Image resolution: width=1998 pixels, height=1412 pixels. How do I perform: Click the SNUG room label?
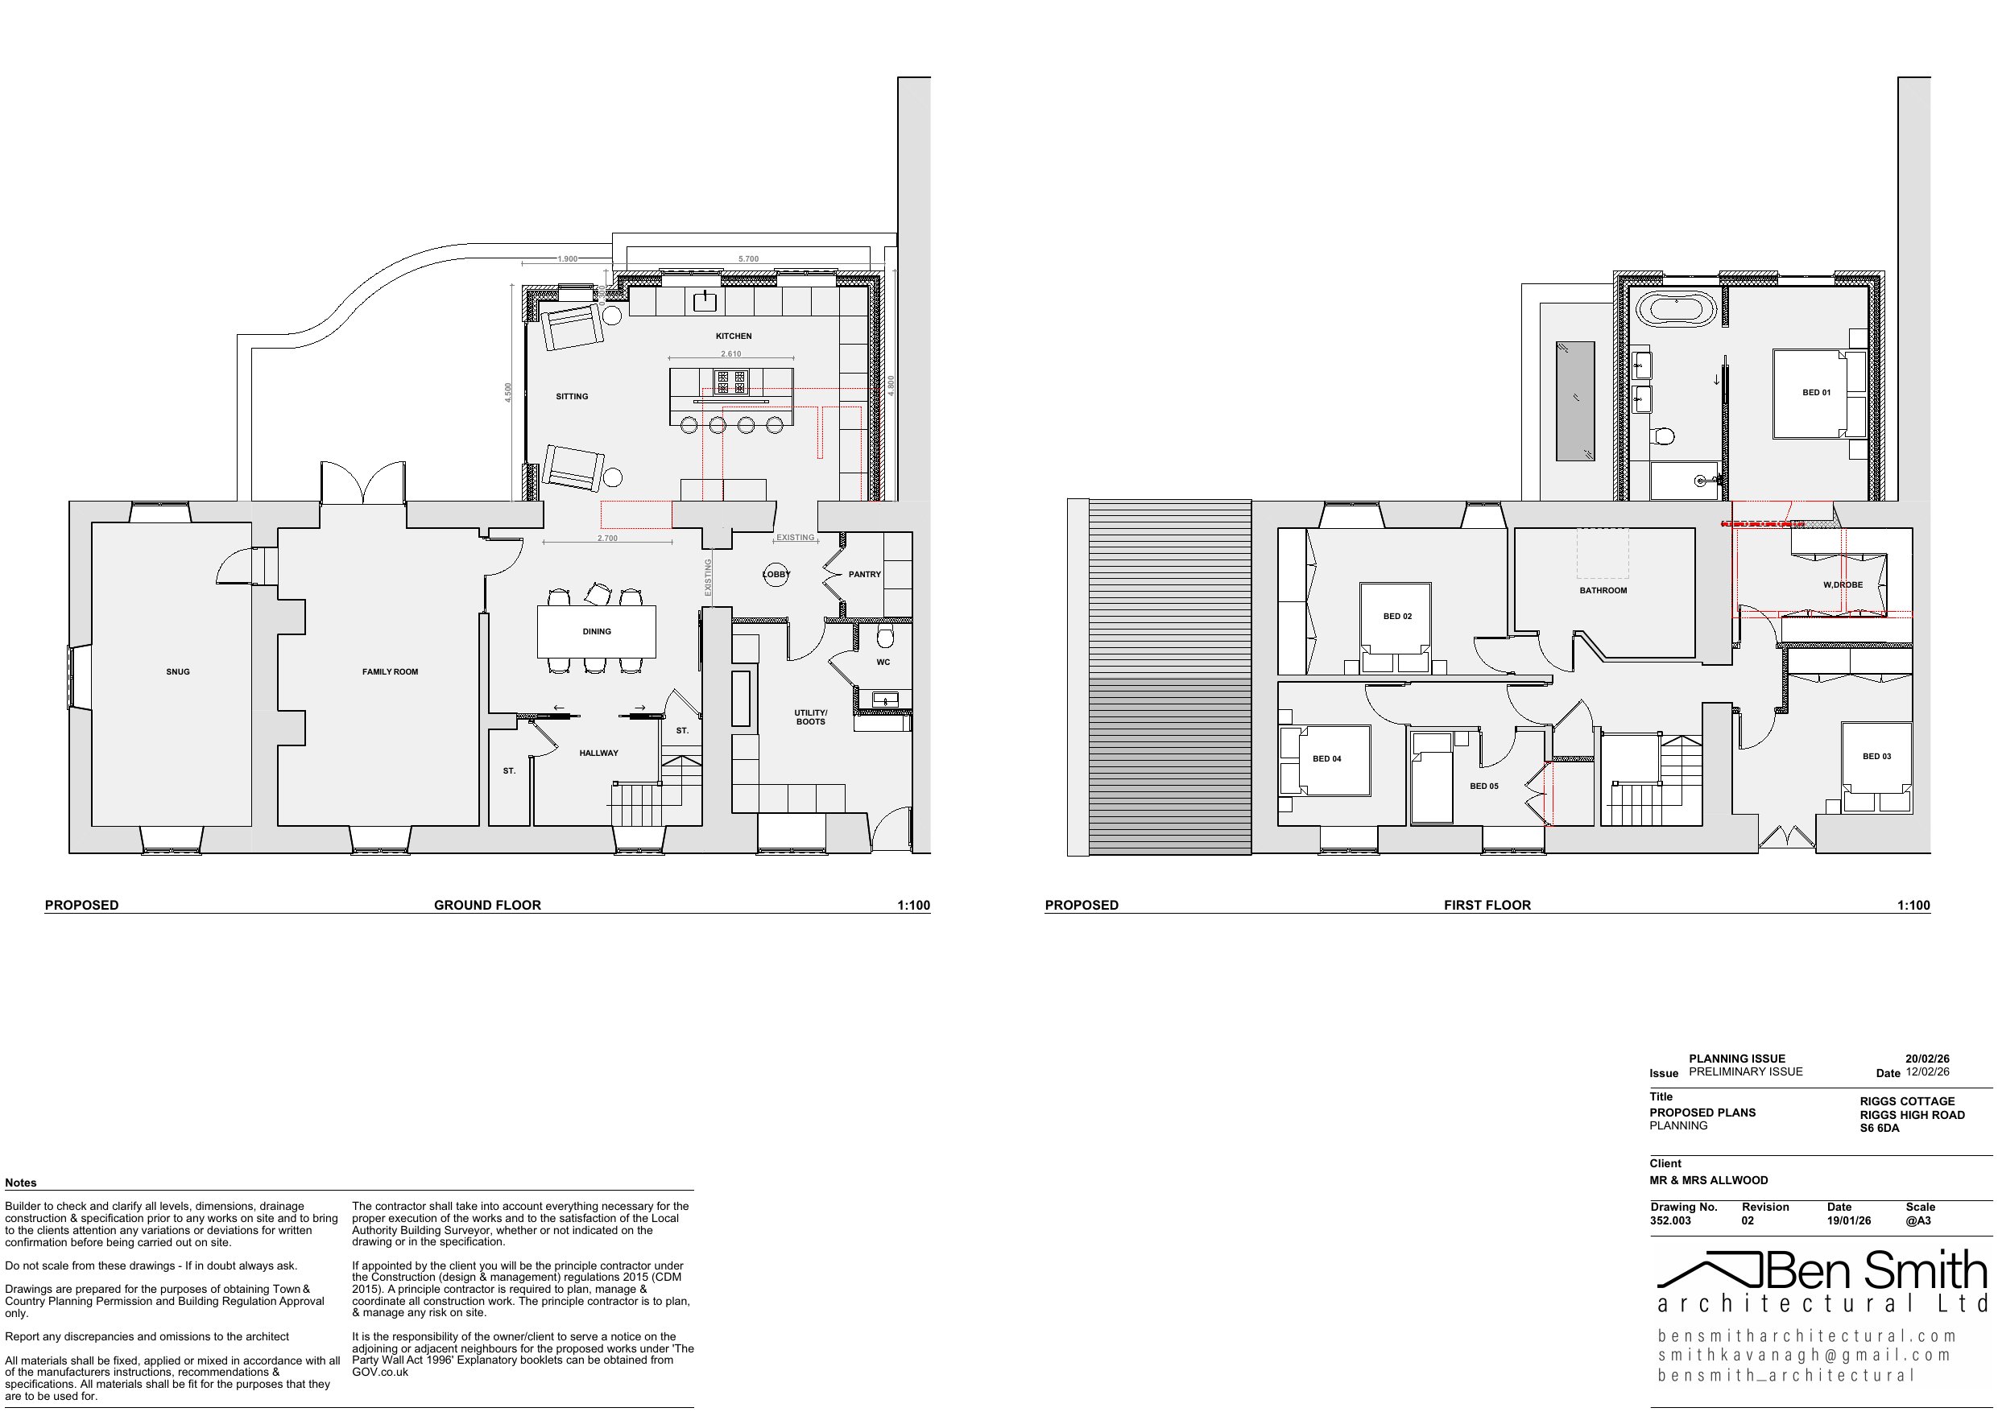[x=177, y=671]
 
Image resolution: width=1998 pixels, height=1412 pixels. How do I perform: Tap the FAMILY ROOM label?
[x=390, y=671]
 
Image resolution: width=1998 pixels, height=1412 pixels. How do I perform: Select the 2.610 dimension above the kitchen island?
[x=731, y=354]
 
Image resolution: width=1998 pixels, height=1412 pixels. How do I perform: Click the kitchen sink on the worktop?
[x=704, y=302]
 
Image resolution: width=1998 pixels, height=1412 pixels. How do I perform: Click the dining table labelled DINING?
[x=596, y=632]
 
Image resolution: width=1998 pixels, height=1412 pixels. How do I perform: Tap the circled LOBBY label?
[x=776, y=574]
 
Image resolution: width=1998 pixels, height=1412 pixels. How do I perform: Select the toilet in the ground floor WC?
[x=885, y=637]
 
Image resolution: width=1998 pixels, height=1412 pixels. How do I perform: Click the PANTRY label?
[x=864, y=574]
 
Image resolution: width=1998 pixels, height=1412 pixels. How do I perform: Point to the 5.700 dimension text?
[x=748, y=259]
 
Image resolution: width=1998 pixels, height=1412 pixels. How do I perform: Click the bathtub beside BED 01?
[x=1676, y=310]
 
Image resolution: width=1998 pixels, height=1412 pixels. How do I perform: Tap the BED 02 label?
[x=1397, y=616]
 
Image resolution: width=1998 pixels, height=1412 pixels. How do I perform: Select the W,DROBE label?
[x=1843, y=584]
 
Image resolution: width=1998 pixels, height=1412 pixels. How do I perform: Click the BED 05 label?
[x=1483, y=786]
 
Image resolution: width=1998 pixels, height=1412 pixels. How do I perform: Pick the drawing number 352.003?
[x=1670, y=1220]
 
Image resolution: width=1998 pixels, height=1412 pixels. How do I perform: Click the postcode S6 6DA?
[x=1880, y=1129]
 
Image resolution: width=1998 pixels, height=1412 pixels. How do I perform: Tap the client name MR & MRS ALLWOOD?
[x=1708, y=1181]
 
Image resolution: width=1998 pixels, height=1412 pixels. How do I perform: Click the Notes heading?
[x=21, y=1183]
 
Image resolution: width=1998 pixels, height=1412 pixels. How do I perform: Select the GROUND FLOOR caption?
[x=487, y=905]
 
